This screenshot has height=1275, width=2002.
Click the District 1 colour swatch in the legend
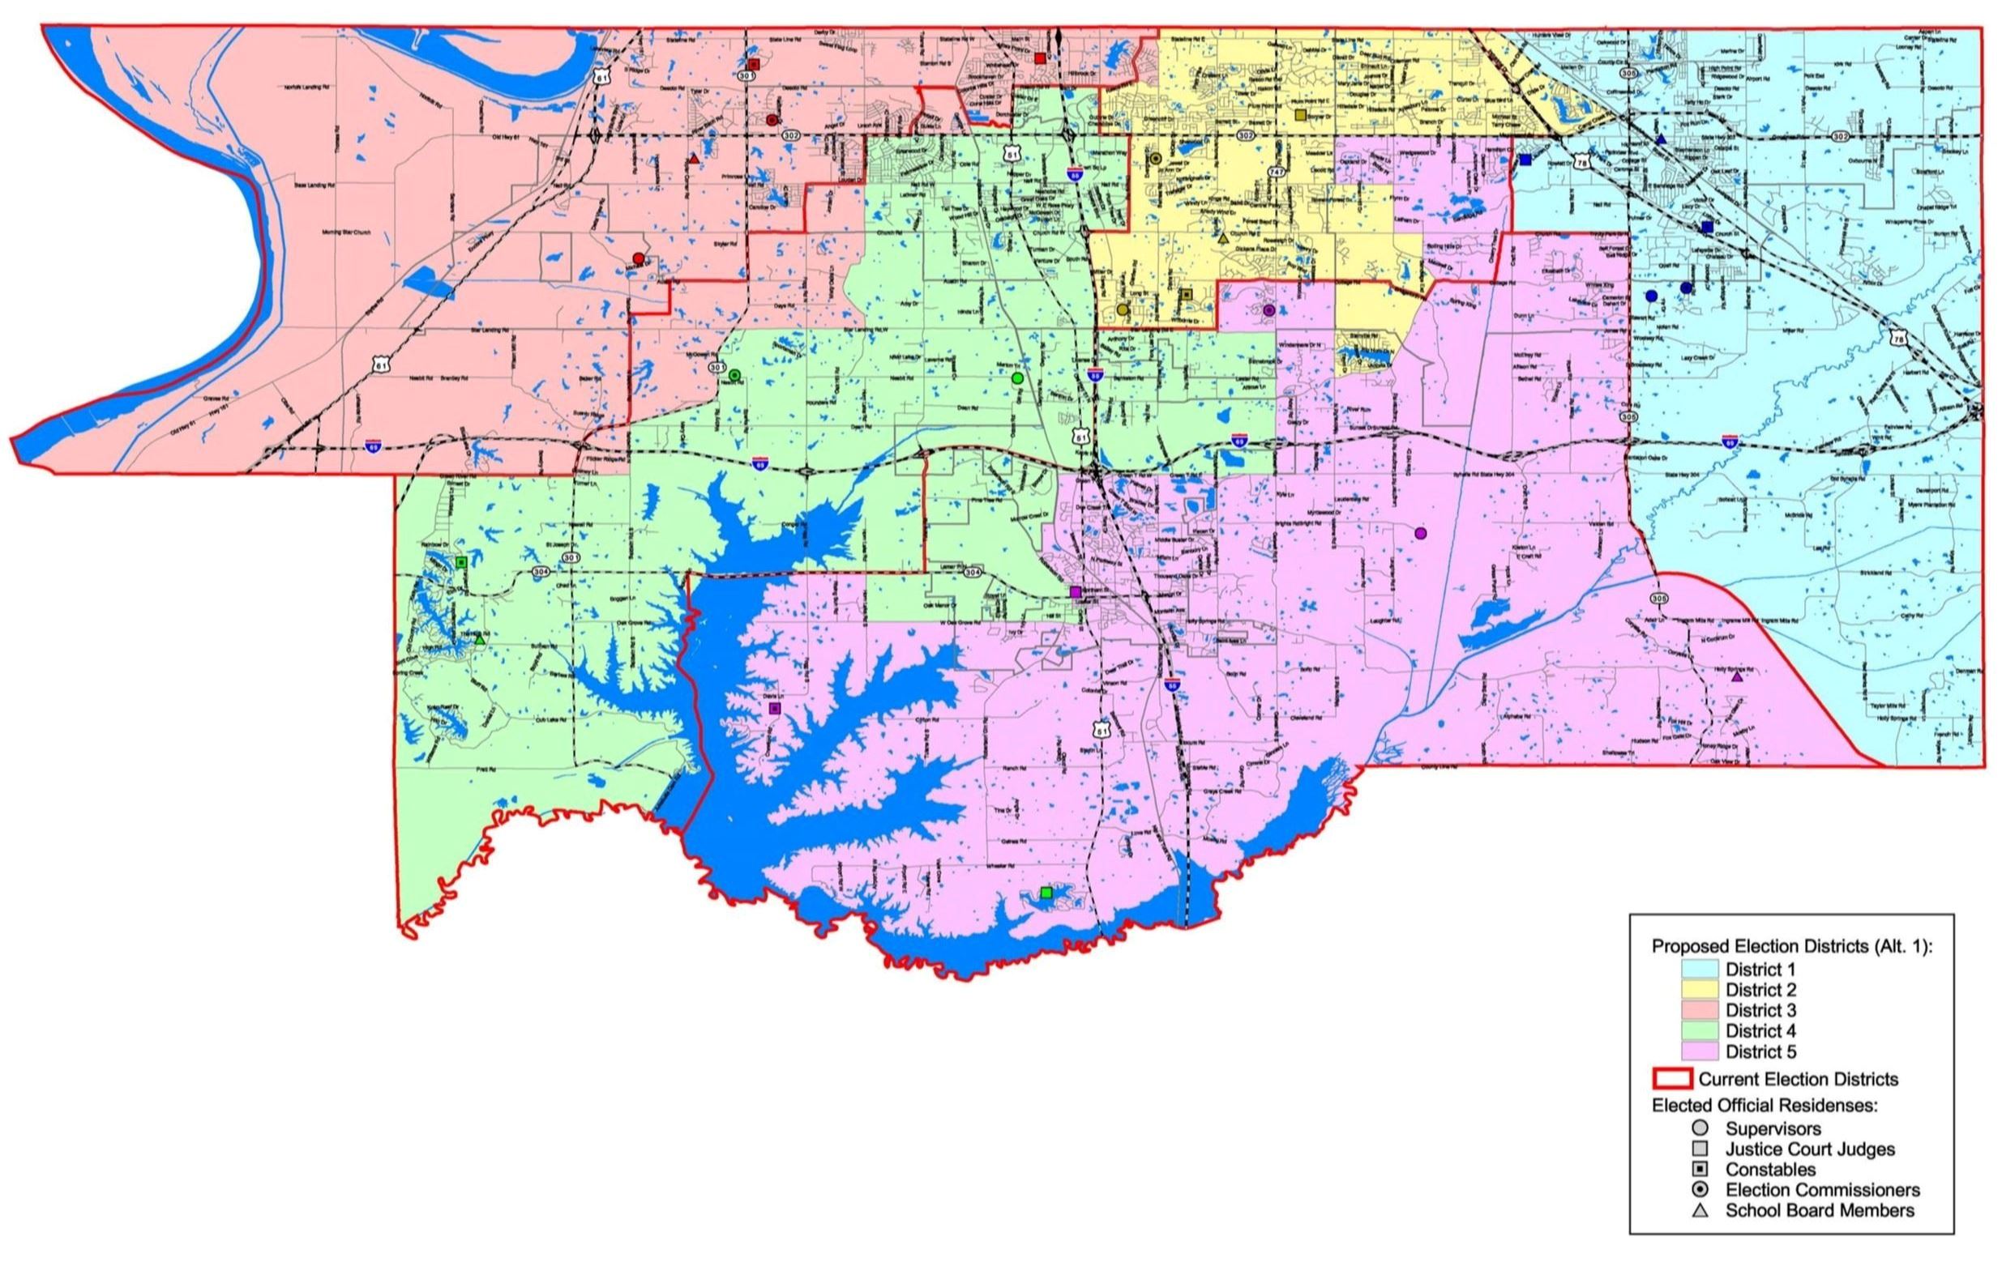1700,969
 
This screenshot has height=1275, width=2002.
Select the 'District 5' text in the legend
1761,1052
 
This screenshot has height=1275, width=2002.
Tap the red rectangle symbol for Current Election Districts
1670,1080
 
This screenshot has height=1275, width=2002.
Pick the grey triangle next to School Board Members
1700,1211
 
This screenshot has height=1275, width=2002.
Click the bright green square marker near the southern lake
1046,893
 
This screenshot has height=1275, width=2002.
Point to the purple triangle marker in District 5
1737,677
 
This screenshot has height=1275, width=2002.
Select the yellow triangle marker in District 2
1224,238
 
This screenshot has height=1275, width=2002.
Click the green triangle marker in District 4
480,639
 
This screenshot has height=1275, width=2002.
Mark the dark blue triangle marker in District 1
1661,139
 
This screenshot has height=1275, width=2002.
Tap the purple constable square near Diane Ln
775,708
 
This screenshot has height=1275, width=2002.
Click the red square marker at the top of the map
1039,58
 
